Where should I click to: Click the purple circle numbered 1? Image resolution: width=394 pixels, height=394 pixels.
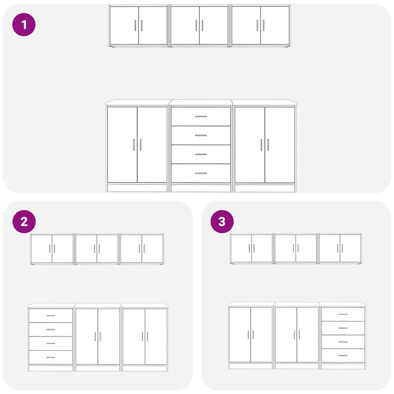tap(24, 25)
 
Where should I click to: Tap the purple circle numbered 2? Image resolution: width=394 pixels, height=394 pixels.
tap(24, 222)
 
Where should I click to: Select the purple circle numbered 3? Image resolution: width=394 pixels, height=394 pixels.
tap(222, 222)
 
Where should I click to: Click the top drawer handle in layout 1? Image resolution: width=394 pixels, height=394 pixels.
tap(201, 117)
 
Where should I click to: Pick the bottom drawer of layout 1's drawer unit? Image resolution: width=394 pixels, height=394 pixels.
tap(201, 173)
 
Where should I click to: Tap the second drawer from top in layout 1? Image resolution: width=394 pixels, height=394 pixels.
tap(201, 136)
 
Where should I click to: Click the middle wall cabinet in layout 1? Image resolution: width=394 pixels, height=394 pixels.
tap(199, 26)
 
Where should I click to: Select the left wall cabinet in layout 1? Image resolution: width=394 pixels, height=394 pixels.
tap(138, 26)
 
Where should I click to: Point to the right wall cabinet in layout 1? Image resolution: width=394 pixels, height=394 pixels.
tap(260, 26)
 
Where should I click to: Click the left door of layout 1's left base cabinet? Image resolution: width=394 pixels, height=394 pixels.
tap(122, 145)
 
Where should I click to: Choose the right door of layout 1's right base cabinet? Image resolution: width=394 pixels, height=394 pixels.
tap(280, 145)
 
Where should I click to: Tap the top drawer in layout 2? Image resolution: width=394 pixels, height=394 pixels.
tap(51, 316)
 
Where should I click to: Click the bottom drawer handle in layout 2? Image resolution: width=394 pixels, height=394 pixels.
tap(51, 357)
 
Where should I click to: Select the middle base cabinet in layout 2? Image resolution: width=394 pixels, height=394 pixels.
tap(98, 338)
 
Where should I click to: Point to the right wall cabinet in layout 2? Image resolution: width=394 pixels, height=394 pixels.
tap(142, 249)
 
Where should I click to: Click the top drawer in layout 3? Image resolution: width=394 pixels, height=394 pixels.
tap(343, 314)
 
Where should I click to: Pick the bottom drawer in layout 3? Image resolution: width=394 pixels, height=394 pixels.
tap(343, 356)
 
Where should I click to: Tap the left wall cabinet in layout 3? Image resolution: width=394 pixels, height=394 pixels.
tap(252, 249)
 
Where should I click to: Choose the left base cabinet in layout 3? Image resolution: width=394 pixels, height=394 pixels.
tap(250, 335)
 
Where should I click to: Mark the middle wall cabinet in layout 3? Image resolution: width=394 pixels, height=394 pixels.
tap(295, 249)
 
